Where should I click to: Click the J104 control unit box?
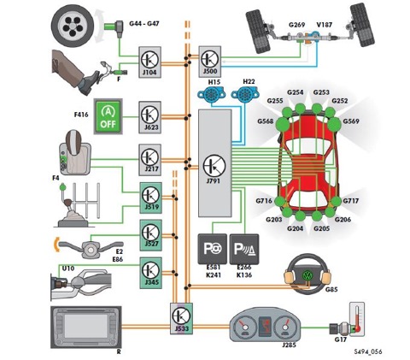click(149, 62)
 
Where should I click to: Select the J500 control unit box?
click(210, 62)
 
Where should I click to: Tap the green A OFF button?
click(108, 116)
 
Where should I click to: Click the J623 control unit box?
click(150, 117)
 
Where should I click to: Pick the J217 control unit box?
click(150, 160)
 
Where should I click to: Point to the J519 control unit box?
click(151, 198)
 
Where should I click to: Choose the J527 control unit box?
click(151, 235)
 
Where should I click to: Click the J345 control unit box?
click(151, 273)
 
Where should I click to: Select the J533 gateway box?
click(181, 318)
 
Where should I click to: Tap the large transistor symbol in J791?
click(214, 166)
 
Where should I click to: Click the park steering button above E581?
click(213, 249)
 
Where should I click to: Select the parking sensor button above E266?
click(244, 249)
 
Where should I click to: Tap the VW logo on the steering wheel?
click(307, 276)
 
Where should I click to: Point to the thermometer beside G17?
click(357, 319)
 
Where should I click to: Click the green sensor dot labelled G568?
click(283, 123)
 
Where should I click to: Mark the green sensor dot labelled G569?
click(334, 123)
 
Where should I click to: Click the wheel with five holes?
click(73, 27)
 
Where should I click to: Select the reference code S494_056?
click(368, 351)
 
